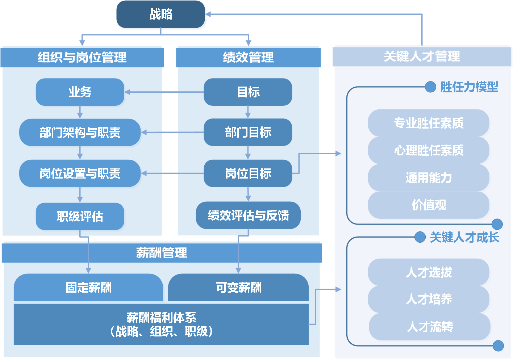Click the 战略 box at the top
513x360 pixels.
click(161, 15)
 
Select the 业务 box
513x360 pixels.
click(80, 92)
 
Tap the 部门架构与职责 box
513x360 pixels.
click(80, 133)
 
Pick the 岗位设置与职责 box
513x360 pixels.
click(80, 173)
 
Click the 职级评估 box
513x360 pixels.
click(80, 217)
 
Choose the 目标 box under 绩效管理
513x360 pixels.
click(248, 92)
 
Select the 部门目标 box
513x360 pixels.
click(248, 133)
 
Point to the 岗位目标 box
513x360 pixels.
click(248, 173)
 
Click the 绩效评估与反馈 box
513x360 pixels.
click(248, 215)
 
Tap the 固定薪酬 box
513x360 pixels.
click(88, 288)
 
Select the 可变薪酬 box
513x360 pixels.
click(238, 288)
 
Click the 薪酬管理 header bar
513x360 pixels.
click(162, 253)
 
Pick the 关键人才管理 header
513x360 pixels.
click(422, 56)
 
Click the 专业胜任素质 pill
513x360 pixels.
click(429, 123)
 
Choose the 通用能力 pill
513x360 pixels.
click(429, 177)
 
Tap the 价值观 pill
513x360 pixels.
click(429, 205)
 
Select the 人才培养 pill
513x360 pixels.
click(429, 299)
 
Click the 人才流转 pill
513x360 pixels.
click(430, 327)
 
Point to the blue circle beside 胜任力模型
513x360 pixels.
click(430, 87)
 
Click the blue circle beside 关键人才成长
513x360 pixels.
click(420, 237)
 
